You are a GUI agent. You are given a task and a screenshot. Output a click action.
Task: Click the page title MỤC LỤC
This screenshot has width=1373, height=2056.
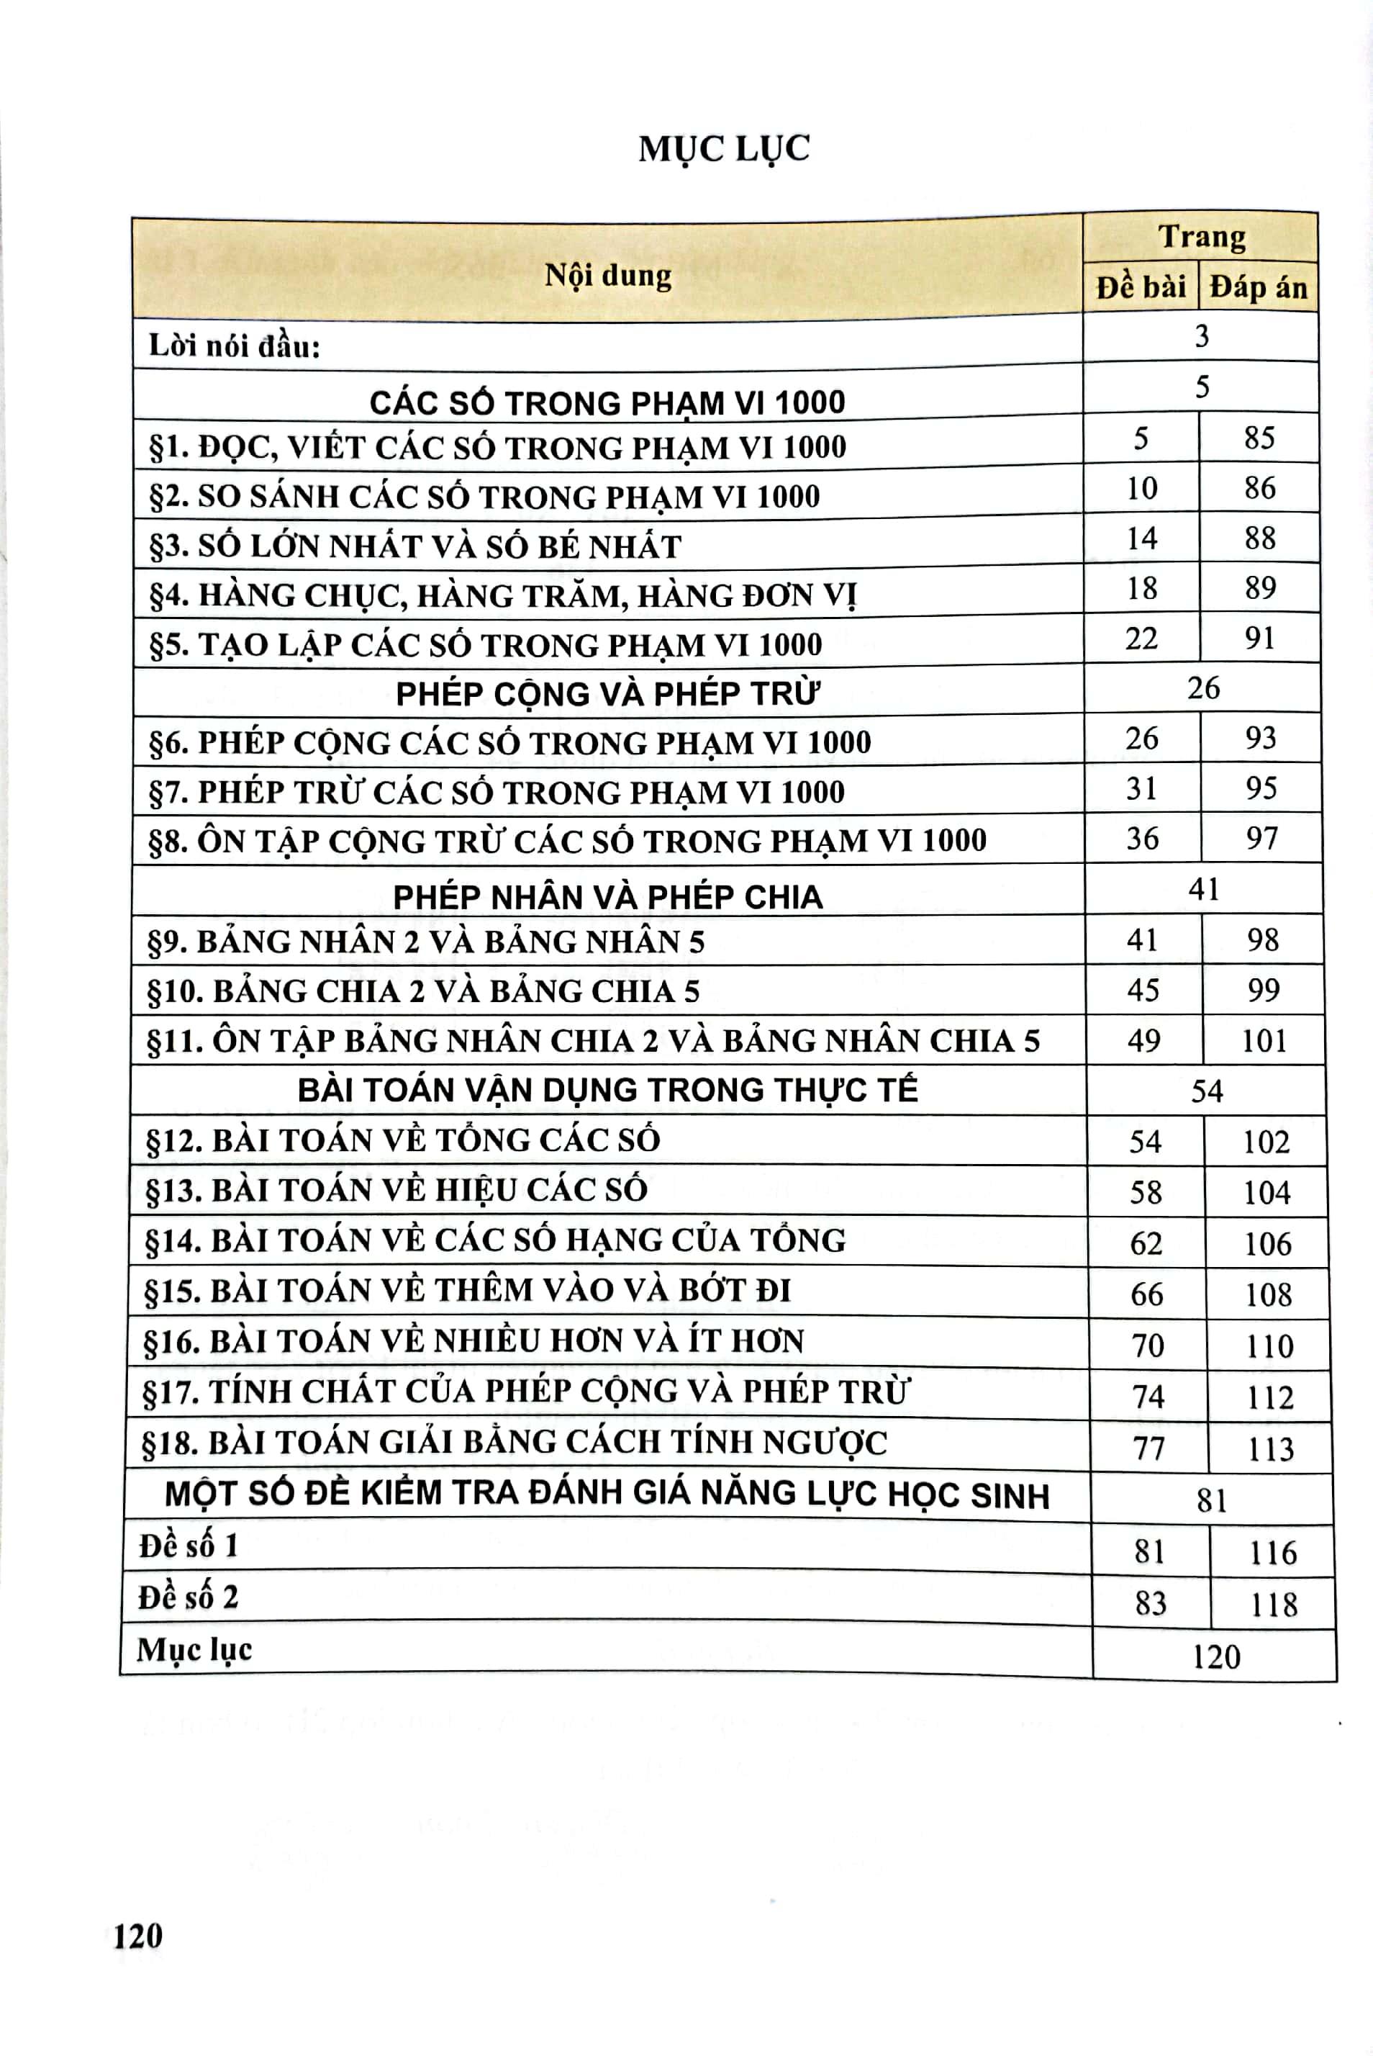[724, 149]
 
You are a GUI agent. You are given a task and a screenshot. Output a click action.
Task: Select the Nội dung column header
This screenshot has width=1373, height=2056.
[607, 276]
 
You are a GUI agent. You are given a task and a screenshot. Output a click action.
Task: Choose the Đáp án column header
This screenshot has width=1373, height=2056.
[1259, 287]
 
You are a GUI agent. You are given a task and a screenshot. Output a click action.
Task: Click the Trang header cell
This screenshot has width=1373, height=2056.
[1202, 238]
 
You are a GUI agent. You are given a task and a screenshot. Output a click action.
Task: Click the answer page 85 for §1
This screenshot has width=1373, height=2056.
[1259, 438]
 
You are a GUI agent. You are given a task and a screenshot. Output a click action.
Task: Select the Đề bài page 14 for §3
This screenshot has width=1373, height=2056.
[1142, 538]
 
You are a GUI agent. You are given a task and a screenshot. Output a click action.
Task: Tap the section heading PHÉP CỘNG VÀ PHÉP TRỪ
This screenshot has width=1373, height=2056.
[607, 694]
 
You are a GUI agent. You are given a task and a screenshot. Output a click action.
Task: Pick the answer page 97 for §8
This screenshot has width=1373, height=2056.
[1261, 839]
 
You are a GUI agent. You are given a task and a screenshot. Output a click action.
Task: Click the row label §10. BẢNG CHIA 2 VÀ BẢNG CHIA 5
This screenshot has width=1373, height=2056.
[423, 991]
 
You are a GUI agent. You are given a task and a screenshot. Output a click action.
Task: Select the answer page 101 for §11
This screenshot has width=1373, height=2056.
[1264, 1041]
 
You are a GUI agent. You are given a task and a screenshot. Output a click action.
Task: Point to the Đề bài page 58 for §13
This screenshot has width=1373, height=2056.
[1146, 1192]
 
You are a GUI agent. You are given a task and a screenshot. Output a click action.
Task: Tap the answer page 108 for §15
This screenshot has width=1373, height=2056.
[1268, 1295]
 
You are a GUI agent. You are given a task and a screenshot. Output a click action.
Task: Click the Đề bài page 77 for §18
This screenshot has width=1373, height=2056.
[1148, 1449]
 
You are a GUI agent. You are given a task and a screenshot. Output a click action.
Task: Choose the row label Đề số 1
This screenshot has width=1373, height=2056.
[189, 1546]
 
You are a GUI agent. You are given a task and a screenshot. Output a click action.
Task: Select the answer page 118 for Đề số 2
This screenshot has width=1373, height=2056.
[1272, 1605]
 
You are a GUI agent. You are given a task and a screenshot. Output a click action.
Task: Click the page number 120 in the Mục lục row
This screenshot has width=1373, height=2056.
[1216, 1656]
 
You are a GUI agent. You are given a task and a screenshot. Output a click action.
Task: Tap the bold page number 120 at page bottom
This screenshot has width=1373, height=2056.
[138, 1935]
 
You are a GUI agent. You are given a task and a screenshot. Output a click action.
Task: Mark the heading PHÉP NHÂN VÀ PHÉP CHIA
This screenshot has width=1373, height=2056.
[607, 897]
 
